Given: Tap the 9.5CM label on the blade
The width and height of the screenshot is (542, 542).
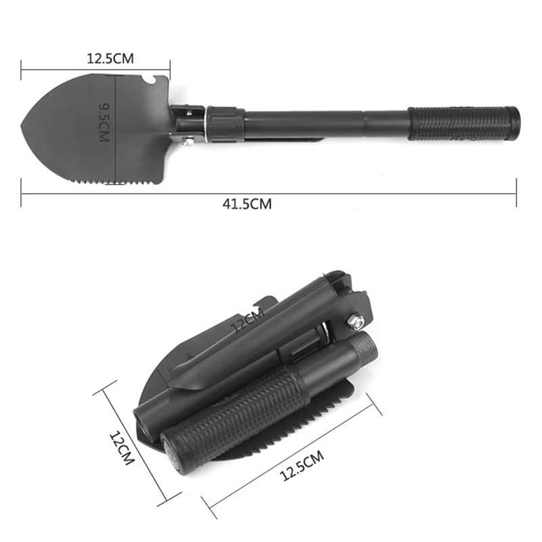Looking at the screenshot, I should (x=104, y=122).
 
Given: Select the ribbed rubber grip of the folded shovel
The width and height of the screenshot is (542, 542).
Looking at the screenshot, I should (x=230, y=413).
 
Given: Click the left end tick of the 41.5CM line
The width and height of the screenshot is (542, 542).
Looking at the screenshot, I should (x=22, y=192).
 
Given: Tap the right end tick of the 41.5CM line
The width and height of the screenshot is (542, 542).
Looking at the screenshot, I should (x=516, y=192).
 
